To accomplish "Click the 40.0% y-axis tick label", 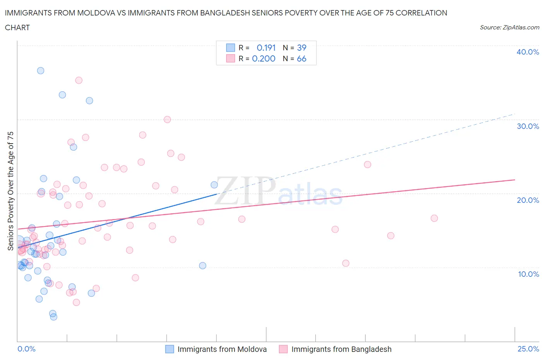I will point(528,52).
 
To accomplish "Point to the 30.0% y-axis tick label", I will point(528,126).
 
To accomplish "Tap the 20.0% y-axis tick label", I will point(528,200).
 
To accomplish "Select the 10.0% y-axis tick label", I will point(528,274).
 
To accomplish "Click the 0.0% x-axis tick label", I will point(26,349).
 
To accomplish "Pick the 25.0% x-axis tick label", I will point(528,349).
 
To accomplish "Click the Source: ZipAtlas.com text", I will point(509,27).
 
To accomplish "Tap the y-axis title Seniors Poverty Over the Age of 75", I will point(11,191).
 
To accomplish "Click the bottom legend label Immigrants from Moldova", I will point(222,349).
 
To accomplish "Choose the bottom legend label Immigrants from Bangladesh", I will point(341,349).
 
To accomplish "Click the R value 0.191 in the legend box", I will point(266,48).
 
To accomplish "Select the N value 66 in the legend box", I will point(301,58).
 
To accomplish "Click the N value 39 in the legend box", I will point(301,48).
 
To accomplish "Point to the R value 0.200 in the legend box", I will point(263,58).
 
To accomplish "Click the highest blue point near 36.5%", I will point(41,70).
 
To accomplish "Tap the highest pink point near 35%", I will point(79,80).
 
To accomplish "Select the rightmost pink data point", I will point(434,218).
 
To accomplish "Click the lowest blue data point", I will point(54,317).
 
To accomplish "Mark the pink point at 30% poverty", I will point(167,120).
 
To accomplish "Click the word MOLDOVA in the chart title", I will point(95,13).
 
